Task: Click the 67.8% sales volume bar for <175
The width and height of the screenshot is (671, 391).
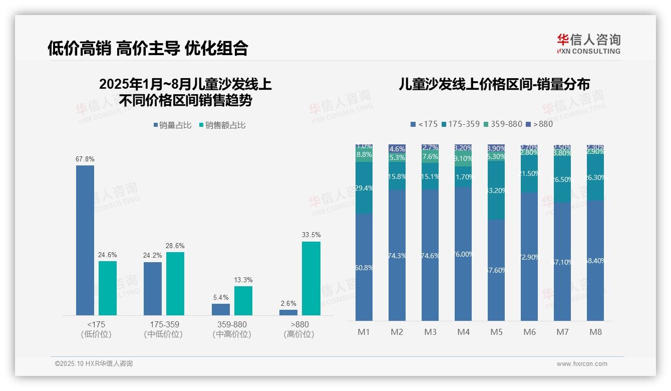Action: tap(85, 240)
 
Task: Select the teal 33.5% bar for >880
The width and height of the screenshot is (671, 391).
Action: tap(311, 278)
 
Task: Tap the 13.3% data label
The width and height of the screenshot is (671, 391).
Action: tap(243, 280)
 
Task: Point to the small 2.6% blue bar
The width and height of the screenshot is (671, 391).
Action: tap(288, 312)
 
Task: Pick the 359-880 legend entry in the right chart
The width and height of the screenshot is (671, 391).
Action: tap(504, 124)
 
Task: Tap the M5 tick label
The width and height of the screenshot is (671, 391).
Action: tap(496, 332)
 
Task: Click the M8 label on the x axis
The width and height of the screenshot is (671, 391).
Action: tap(595, 332)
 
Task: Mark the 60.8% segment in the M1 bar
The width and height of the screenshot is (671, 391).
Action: tap(364, 267)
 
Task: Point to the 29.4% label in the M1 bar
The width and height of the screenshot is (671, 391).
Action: tap(364, 188)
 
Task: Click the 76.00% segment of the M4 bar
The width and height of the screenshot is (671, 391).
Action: tap(463, 254)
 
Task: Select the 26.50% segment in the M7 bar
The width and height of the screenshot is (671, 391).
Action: tap(562, 179)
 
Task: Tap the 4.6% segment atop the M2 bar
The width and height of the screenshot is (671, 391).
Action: tap(397, 149)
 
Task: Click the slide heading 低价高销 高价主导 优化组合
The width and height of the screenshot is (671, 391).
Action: tap(148, 48)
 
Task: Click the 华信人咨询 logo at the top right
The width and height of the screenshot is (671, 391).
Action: tap(588, 44)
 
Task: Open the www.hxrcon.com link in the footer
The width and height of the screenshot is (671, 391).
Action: tap(581, 364)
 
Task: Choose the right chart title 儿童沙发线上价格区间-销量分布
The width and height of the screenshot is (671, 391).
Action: tap(494, 84)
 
